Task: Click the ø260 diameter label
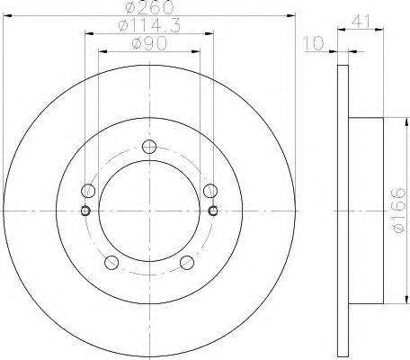[x=150, y=6]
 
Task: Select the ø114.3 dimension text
[x=149, y=26]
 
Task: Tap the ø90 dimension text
[x=149, y=44]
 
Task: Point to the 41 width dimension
[x=361, y=21]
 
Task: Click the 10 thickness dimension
[x=314, y=43]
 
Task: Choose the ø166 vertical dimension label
[x=399, y=210]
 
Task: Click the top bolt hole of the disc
[x=149, y=147]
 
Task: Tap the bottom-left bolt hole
[x=111, y=263]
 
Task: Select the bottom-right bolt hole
[x=187, y=263]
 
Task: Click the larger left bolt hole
[x=88, y=191]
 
